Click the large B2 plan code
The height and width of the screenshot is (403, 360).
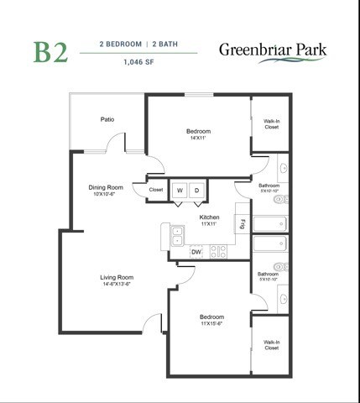coord(50,51)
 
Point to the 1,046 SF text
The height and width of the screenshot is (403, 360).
coord(138,61)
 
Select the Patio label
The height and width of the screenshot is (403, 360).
coord(107,119)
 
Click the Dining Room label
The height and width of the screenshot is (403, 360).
coord(106,187)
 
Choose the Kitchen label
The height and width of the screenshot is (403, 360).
coord(209,217)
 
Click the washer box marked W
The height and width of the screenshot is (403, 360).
coord(179,191)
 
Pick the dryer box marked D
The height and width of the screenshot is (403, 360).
coord(197,191)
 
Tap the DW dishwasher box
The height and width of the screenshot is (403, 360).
coord(196,251)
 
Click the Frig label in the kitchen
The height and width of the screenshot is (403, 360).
coord(243,223)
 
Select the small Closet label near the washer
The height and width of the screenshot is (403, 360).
coord(156,190)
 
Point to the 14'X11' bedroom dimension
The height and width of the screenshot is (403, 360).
coord(199,138)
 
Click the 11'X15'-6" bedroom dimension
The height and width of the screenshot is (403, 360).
coord(211,323)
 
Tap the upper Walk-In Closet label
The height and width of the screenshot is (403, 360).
coord(271,124)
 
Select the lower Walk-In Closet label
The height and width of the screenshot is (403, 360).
coord(271,345)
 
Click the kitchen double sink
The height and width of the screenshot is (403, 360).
coord(177,237)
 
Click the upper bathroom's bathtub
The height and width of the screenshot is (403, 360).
coord(270,224)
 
